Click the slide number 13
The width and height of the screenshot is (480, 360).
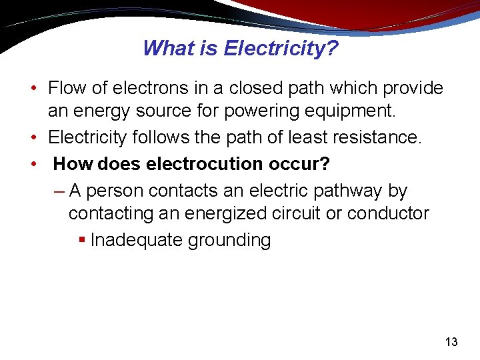451,343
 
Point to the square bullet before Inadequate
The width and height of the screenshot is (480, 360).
82,239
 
